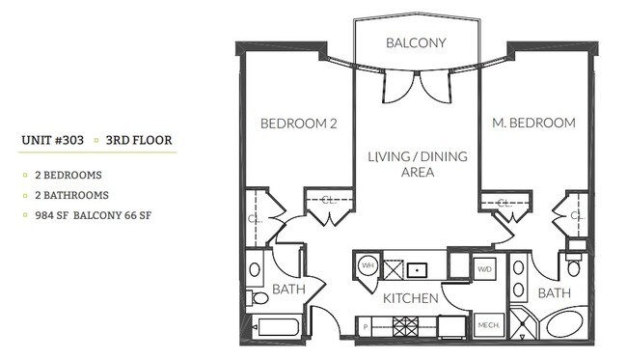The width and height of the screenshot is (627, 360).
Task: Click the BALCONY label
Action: pyautogui.click(x=415, y=42)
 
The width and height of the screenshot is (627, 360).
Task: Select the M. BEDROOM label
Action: pyautogui.click(x=533, y=123)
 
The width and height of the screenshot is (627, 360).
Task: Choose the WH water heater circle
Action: pyautogui.click(x=368, y=264)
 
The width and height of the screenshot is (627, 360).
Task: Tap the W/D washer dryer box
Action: pyautogui.click(x=484, y=268)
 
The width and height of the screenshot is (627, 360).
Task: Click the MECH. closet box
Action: pyautogui.click(x=486, y=327)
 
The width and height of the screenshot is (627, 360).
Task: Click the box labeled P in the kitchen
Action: pyautogui.click(x=366, y=327)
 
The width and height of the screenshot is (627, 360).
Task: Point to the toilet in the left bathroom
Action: pyautogui.click(x=256, y=271)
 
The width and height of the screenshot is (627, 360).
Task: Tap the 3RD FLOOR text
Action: pyautogui.click(x=139, y=140)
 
